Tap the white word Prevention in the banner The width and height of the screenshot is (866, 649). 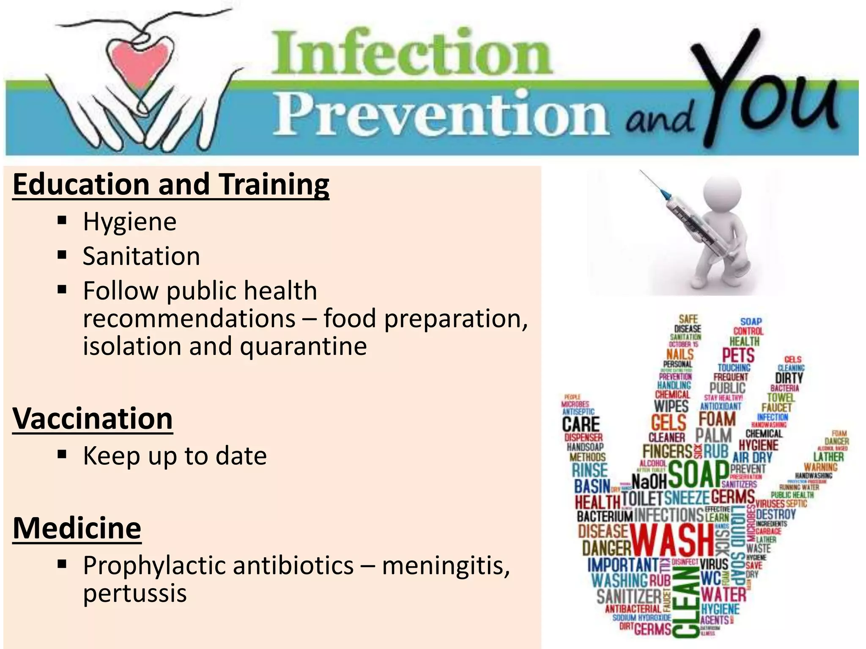442,114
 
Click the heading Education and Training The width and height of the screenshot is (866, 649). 171,185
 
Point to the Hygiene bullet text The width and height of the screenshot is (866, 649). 129,222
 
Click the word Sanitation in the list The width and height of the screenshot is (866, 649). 141,256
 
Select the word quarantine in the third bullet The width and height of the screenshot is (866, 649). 303,346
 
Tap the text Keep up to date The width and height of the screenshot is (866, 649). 175,456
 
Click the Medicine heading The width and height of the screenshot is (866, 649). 77,528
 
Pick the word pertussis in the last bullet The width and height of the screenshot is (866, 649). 134,593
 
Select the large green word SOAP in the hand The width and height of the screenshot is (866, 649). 698,474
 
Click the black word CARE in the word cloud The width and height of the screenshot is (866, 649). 581,424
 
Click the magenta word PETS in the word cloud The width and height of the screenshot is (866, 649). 738,355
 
